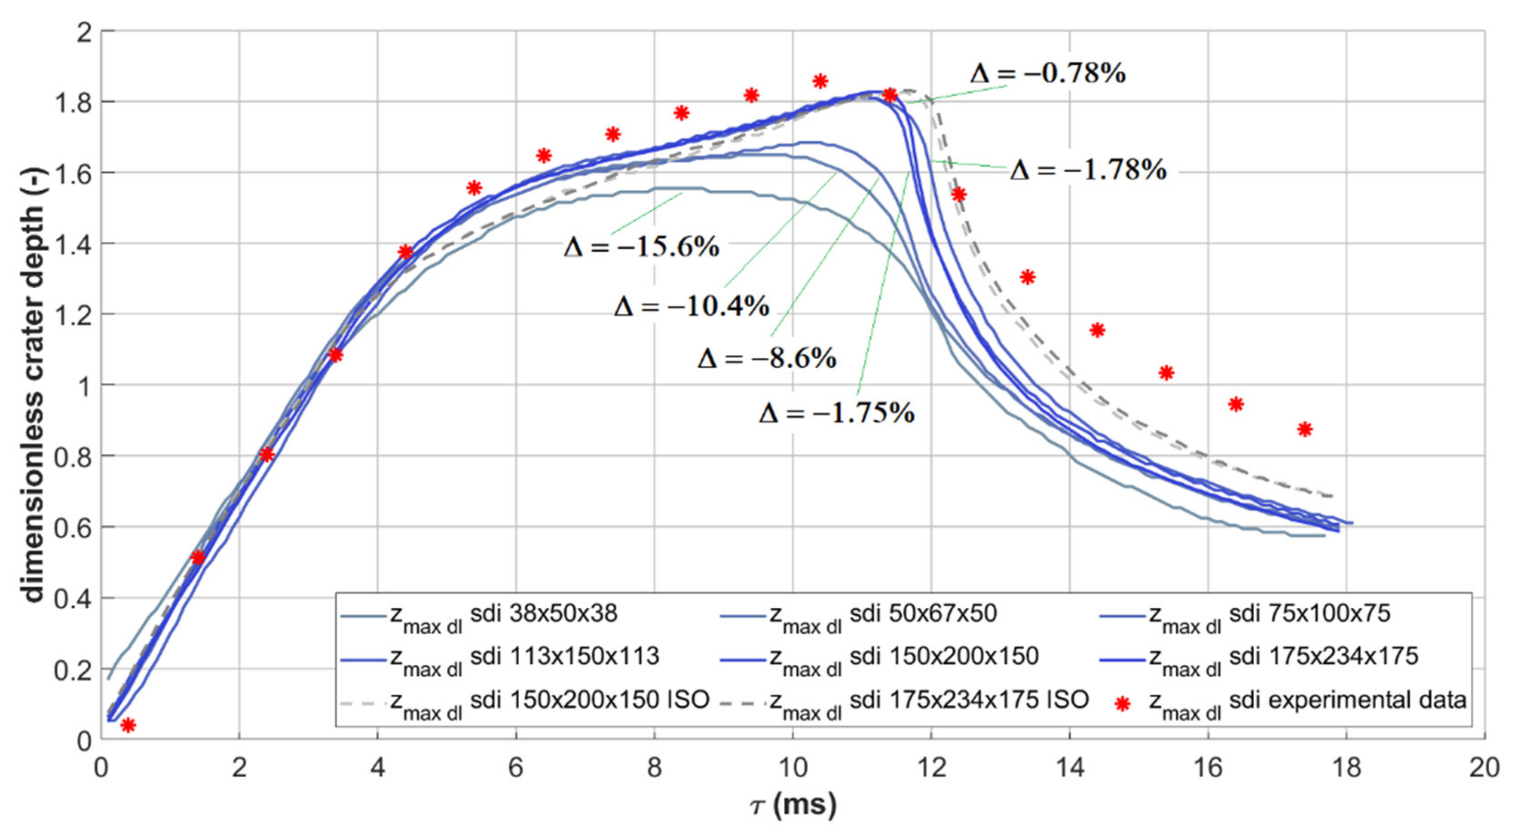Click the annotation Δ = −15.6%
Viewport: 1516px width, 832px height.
641,248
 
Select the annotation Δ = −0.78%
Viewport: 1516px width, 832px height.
1048,74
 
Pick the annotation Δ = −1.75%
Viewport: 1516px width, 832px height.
836,414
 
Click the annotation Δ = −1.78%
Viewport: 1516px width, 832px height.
1088,171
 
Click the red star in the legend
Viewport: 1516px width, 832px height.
1122,703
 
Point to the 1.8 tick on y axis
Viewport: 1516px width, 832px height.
73,102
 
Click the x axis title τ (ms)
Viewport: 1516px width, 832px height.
793,804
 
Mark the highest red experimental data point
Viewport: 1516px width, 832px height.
820,81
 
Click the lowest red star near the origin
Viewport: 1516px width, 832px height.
128,725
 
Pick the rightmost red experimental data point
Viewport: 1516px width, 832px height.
1305,429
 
